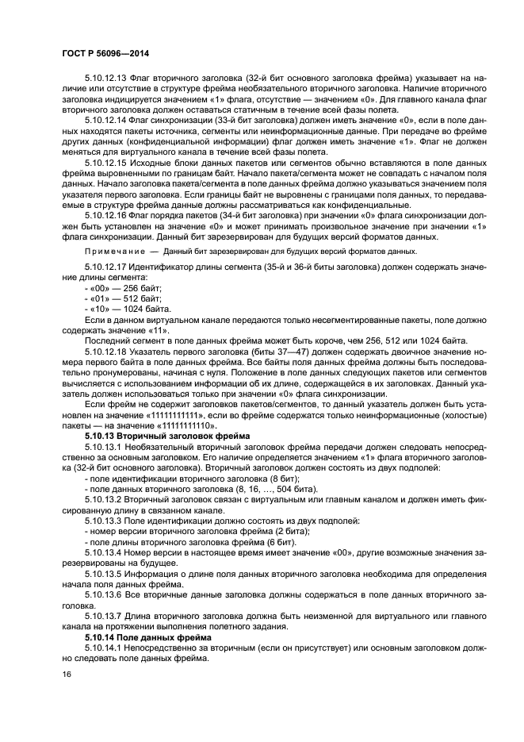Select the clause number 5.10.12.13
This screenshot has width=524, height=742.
coord(105,78)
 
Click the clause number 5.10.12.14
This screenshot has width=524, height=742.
coord(105,120)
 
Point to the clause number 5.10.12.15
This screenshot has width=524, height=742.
coord(105,162)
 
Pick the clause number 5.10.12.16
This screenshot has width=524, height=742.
coord(105,214)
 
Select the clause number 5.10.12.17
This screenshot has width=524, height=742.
coord(105,267)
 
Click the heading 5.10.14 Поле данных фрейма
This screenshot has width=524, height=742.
coord(149,637)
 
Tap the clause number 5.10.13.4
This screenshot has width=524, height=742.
coord(102,550)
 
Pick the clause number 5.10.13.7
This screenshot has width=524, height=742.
coord(102,617)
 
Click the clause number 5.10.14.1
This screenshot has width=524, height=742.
coord(102,648)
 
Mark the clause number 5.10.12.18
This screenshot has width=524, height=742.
coord(105,351)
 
